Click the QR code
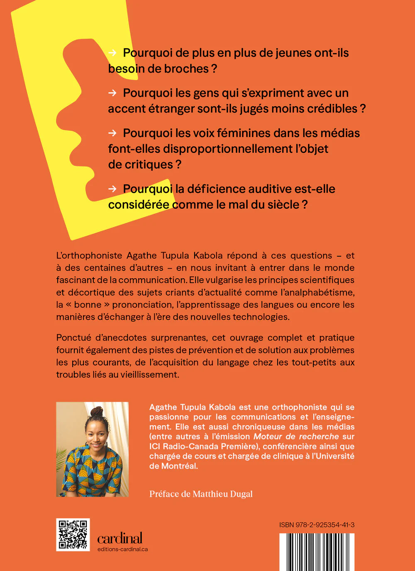click(73, 534)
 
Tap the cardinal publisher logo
click(120, 538)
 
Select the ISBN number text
click(317, 525)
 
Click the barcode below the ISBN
click(317, 552)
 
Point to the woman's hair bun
click(97, 412)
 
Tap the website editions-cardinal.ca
click(122, 549)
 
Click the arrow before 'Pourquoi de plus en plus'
click(112, 53)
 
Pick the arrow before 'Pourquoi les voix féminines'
click(112, 133)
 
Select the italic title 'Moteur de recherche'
click(296, 436)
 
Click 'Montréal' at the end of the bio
click(180, 466)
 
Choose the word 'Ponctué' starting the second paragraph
click(73, 338)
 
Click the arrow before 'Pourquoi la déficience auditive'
click(112, 189)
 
